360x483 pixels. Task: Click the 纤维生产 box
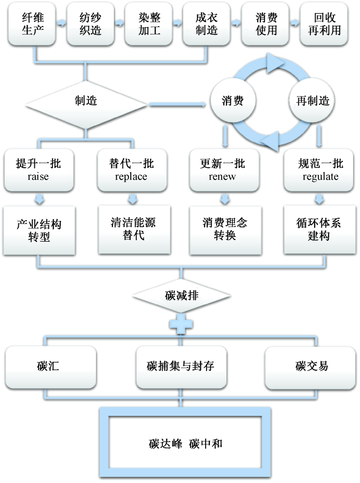click(x=30, y=25)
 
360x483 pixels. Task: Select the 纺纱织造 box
click(x=88, y=25)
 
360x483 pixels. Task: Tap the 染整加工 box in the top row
click(x=146, y=25)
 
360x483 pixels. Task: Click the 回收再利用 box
click(x=323, y=25)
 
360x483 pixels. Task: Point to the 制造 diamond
click(x=86, y=101)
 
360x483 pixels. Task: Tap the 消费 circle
click(x=232, y=101)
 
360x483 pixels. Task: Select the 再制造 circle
click(x=312, y=101)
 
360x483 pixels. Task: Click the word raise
click(x=38, y=176)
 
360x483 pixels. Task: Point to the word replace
click(x=131, y=176)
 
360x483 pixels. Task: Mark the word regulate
click(x=317, y=176)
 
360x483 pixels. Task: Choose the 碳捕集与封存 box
click(x=180, y=366)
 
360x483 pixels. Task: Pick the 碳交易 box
click(x=312, y=366)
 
